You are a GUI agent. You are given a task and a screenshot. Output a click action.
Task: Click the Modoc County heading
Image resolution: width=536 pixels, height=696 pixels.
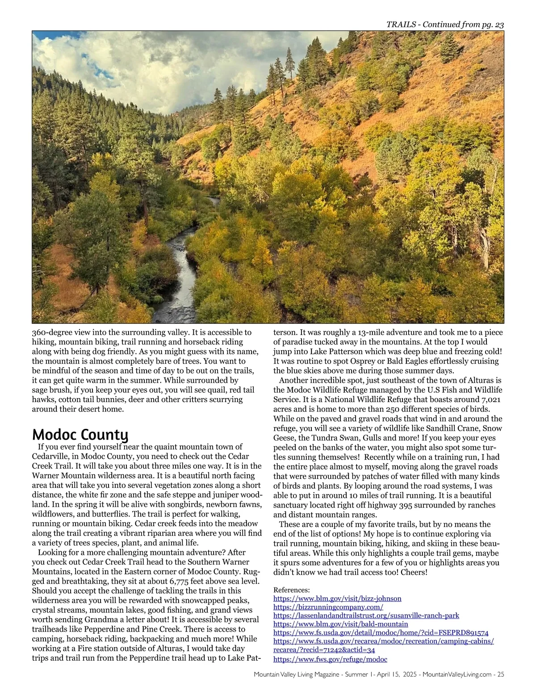point(80,434)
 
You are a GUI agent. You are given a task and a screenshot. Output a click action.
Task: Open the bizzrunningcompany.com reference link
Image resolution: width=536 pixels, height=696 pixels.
point(328,607)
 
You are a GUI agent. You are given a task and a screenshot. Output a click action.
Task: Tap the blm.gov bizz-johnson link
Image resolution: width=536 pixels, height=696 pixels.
point(337,599)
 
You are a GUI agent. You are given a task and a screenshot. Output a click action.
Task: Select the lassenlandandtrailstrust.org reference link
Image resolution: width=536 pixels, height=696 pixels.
point(366,616)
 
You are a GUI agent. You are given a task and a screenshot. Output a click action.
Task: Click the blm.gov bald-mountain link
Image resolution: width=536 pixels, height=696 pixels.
point(340,624)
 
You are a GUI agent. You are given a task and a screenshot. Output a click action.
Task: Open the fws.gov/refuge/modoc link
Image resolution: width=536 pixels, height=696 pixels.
point(330,659)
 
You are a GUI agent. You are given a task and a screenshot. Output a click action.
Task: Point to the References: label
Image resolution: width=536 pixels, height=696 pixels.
point(291,590)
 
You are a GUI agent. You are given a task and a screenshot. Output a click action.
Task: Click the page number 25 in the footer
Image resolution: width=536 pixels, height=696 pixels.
point(500,675)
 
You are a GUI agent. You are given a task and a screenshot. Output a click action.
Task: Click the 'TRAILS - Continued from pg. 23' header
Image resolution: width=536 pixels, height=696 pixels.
point(445,25)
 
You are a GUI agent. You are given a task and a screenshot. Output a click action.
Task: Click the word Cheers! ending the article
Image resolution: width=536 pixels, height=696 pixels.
point(414,572)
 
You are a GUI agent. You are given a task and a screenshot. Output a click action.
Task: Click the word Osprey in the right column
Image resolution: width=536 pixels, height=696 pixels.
point(355,361)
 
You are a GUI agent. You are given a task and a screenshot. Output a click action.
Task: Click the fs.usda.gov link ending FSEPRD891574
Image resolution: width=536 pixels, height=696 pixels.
point(381,633)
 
